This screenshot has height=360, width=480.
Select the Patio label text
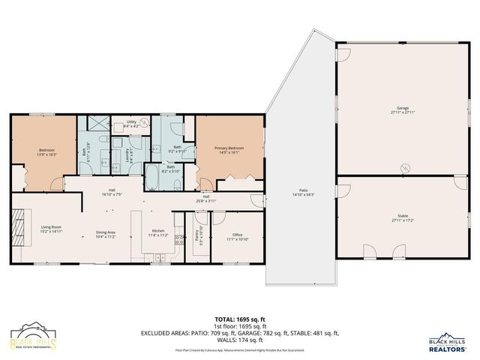click(304, 193)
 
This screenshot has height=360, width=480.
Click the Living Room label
click(51, 229)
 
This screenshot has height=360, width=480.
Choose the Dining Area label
click(105, 234)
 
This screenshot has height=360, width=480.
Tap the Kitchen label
click(158, 232)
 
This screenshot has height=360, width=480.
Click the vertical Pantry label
click(196, 234)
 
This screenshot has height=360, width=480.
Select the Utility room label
click(130, 123)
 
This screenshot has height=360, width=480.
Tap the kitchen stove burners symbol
click(180, 240)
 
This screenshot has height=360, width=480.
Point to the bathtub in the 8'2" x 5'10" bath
click(152, 178)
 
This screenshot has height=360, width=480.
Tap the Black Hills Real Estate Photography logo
click(33, 337)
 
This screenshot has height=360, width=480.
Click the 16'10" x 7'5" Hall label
click(111, 191)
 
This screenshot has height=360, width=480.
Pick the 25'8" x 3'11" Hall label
click(205, 199)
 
